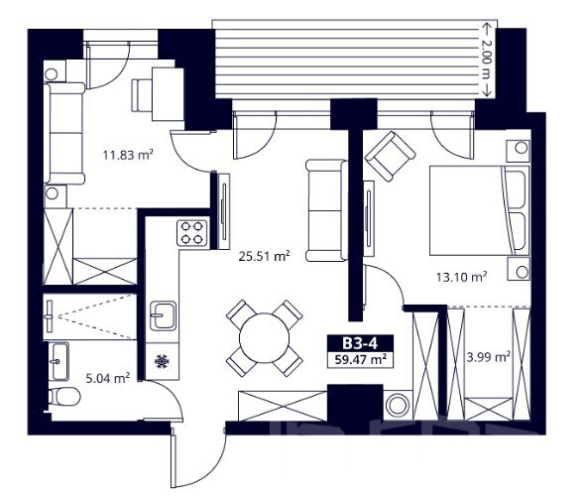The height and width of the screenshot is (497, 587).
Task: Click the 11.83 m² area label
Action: [x=128, y=155]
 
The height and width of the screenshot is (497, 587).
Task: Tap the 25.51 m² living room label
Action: [x=265, y=256]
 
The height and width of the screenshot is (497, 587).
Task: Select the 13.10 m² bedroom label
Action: [x=461, y=277]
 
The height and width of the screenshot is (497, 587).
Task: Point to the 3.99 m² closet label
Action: [x=489, y=356]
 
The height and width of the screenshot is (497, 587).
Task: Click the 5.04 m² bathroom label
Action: [x=108, y=378]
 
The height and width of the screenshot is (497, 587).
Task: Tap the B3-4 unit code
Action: [x=360, y=343]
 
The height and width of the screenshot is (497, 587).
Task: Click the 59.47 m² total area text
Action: [x=360, y=360]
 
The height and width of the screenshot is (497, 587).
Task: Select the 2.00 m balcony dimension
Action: [x=486, y=60]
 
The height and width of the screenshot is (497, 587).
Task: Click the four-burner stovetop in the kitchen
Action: [x=192, y=232]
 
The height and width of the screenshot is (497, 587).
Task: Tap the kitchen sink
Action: [x=163, y=315]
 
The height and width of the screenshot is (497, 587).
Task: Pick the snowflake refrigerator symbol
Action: [x=162, y=361]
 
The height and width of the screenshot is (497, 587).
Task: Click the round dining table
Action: [x=264, y=337]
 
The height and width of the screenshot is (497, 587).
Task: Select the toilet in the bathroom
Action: [x=64, y=396]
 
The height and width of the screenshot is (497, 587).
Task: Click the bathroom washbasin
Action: [x=59, y=361]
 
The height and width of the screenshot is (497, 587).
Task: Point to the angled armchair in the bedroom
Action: [x=390, y=156]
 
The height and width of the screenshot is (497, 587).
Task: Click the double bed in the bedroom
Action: [x=479, y=210]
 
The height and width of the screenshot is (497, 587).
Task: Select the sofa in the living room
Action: [x=326, y=210]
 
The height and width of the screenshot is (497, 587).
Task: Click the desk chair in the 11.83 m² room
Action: [x=142, y=95]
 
